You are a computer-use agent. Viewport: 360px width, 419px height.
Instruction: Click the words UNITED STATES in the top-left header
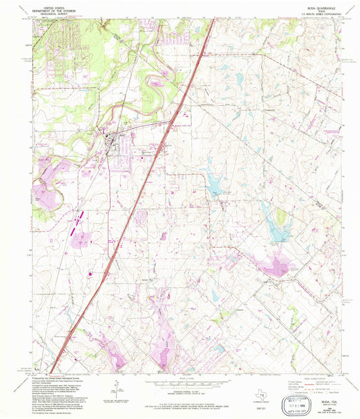click(51, 4)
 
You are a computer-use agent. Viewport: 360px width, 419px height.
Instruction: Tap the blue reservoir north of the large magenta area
click(276, 223)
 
